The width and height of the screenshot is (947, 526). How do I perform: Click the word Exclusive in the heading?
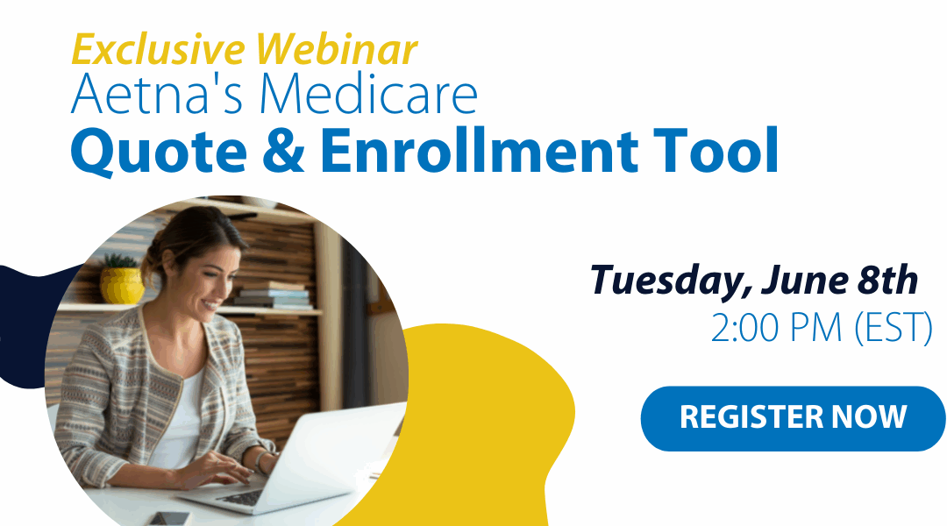[158, 49]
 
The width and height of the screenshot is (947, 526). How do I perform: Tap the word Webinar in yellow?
[337, 49]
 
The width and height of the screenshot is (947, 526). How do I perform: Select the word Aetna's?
[156, 94]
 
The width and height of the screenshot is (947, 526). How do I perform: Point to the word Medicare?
[369, 94]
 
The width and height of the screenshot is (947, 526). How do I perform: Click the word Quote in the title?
[159, 151]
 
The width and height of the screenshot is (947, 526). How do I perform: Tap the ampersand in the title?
[283, 151]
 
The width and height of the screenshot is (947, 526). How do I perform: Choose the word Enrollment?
[479, 150]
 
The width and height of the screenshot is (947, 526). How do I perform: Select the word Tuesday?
[670, 281]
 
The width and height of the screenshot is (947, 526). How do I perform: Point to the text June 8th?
[839, 281]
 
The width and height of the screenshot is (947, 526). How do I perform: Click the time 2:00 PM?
[776, 328]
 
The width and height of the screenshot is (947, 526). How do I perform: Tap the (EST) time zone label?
[894, 329]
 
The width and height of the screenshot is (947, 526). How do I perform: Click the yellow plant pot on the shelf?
[121, 285]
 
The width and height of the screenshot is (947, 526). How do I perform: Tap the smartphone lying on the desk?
[170, 519]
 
